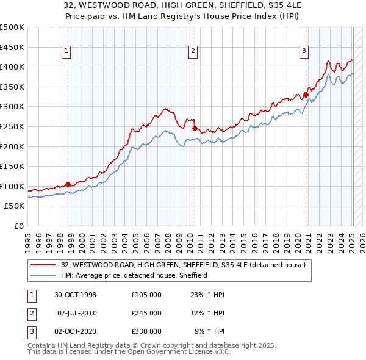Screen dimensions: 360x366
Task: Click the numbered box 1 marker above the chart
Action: point(66,52)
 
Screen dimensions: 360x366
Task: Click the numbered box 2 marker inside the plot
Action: point(193,52)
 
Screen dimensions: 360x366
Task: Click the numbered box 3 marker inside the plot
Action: point(304,52)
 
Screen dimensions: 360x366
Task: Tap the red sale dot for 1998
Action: point(68,184)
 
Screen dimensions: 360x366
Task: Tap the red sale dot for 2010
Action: point(194,128)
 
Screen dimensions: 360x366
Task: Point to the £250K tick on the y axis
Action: point(12,126)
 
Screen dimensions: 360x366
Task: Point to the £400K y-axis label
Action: point(12,67)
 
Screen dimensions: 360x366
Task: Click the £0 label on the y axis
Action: point(18,226)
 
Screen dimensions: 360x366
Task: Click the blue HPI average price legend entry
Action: point(134,275)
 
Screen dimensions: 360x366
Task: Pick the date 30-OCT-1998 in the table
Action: point(75,295)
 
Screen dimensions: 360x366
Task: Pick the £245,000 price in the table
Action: point(146,313)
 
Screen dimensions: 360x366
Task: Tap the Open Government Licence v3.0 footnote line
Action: point(129,352)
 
